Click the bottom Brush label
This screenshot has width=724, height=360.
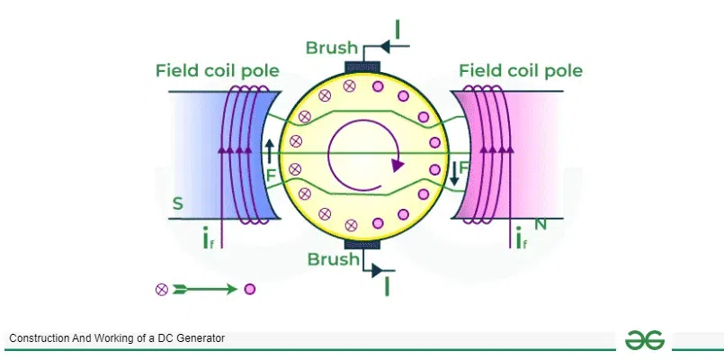point(334,259)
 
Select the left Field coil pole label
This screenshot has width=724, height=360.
point(217,70)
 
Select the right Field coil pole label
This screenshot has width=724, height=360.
point(520,70)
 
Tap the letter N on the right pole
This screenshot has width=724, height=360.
point(541,224)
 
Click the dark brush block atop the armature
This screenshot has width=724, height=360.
point(363,66)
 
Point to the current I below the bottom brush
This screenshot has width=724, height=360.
point(388,286)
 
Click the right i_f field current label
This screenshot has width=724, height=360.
point(521,238)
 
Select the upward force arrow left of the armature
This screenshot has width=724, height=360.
point(268,150)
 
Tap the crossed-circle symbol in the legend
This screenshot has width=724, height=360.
point(162,289)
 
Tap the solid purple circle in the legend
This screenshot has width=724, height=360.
point(250,289)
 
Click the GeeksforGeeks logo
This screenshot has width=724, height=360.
point(645,339)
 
